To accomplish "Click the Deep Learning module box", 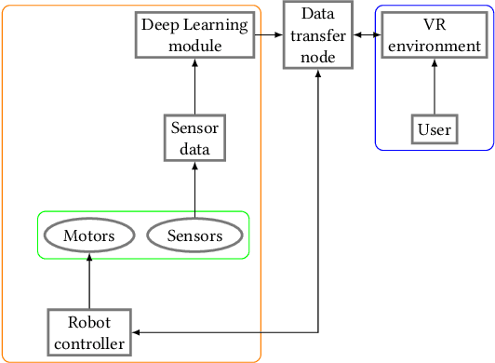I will [x=194, y=35].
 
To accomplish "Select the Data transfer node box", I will [x=318, y=35].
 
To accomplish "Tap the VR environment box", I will [x=434, y=35].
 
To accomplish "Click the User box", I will [x=434, y=128].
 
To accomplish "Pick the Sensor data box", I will [x=194, y=138].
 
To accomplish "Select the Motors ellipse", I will [x=89, y=235].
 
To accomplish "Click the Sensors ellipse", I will [x=194, y=235].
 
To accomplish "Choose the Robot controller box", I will [x=89, y=332].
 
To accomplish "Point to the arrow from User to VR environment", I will [x=434, y=87].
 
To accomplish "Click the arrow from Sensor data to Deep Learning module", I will [x=194, y=87].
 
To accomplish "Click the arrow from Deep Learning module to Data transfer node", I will [x=269, y=35].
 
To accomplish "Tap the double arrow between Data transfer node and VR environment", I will [x=365, y=35].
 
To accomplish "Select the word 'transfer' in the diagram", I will [x=318, y=35].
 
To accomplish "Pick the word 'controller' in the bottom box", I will [x=89, y=343].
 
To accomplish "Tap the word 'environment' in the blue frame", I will [x=434, y=46].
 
